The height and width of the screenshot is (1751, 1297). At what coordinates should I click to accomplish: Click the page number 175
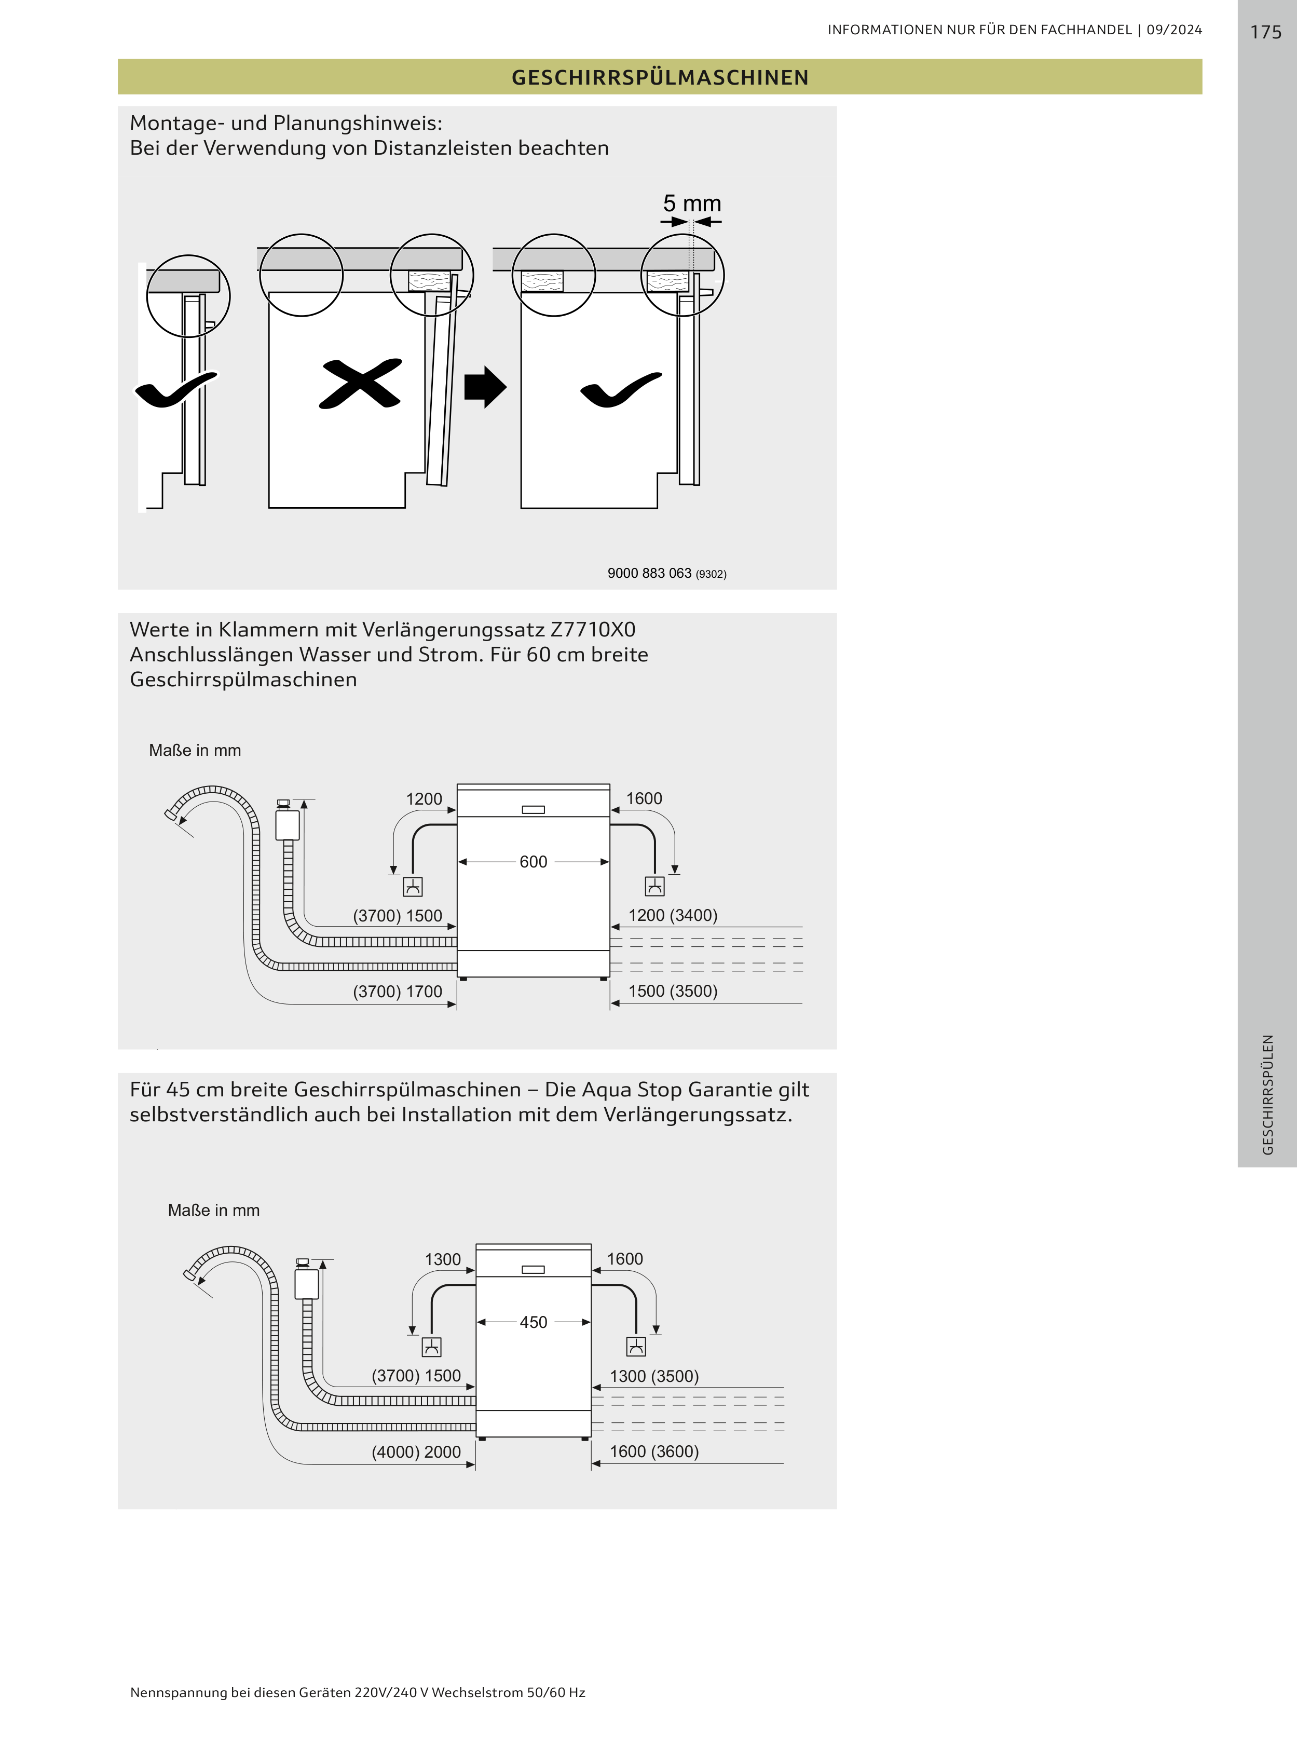pyautogui.click(x=1265, y=32)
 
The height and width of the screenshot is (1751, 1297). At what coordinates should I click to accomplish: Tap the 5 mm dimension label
pyautogui.click(x=692, y=203)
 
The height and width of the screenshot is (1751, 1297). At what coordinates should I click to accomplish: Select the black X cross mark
pyautogui.click(x=360, y=384)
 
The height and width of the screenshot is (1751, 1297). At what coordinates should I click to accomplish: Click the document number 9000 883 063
pyautogui.click(x=649, y=573)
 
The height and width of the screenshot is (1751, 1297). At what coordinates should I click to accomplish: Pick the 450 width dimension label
pyautogui.click(x=533, y=1322)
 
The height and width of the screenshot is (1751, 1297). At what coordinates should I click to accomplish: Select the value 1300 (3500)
pyautogui.click(x=654, y=1376)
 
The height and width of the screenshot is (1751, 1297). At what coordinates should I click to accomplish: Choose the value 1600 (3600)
pyautogui.click(x=654, y=1451)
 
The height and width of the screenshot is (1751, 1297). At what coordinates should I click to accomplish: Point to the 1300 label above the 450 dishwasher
pyautogui.click(x=443, y=1259)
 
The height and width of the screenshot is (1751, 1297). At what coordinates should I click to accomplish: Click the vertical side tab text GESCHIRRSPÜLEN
pyautogui.click(x=1267, y=1095)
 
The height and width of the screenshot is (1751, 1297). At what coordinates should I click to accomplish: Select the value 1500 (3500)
pyautogui.click(x=673, y=991)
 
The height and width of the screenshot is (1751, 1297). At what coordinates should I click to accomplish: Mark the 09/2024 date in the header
pyautogui.click(x=1174, y=30)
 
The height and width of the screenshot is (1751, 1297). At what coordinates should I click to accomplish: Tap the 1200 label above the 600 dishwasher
pyautogui.click(x=424, y=798)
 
